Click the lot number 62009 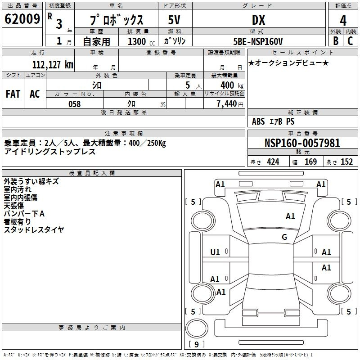(x=22, y=19)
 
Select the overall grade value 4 (x=343, y=21)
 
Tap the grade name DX (x=258, y=20)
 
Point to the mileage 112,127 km (x=53, y=65)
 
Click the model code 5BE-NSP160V (x=258, y=41)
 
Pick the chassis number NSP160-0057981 (x=302, y=143)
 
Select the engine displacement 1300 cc (x=141, y=41)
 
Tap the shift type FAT (x=13, y=94)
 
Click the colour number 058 (x=75, y=104)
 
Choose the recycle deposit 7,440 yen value (x=230, y=104)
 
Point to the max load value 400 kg (x=232, y=85)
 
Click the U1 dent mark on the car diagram (x=215, y=252)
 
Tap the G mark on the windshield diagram (x=284, y=237)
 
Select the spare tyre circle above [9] (x=197, y=328)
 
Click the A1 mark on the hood (x=290, y=216)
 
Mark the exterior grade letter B (x=336, y=41)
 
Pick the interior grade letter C (x=350, y=41)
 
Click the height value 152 (x=346, y=162)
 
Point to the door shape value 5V (x=174, y=20)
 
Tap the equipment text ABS (x=258, y=121)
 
